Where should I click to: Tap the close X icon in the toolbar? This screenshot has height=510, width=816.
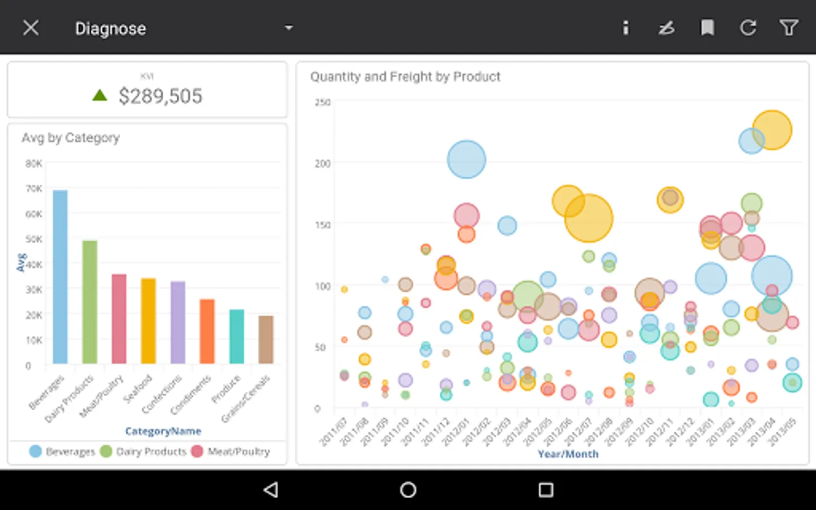point(31,28)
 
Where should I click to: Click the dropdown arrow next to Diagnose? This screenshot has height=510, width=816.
point(288,28)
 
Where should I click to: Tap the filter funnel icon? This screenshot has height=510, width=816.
point(788,28)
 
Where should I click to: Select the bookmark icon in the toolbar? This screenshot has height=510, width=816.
point(707,28)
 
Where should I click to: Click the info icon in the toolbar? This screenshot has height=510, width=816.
point(626,28)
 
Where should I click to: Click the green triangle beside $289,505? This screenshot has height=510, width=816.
point(100,95)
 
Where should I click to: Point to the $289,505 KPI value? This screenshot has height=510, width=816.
point(160,96)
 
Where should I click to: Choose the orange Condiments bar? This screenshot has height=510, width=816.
point(207,331)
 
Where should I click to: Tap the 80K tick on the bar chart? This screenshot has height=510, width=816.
point(33,164)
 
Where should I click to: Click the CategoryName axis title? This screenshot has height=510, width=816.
point(163,431)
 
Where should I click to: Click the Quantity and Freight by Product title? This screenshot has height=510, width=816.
point(405,76)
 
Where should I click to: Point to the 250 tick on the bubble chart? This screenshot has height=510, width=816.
point(322,103)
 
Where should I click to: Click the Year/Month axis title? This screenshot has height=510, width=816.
point(568,454)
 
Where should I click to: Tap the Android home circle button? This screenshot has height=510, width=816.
point(408,490)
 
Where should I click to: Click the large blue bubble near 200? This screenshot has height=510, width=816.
point(466,160)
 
